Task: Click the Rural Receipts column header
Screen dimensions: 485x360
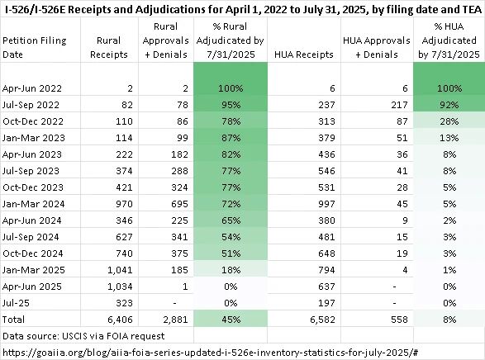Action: coord(108,47)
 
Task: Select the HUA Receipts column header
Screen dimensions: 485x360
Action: coord(304,54)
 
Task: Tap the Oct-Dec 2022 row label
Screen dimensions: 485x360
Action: coord(33,121)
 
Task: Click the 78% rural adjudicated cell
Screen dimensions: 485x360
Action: coord(231,121)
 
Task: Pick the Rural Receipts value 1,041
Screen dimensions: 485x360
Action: coord(120,270)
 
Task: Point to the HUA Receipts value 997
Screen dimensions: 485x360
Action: coord(326,204)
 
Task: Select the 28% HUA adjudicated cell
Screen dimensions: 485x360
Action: coord(449,121)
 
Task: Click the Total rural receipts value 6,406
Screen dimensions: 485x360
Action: coord(120,320)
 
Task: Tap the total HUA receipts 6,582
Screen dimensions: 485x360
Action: coord(322,320)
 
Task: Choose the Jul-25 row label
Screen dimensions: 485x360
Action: coord(16,303)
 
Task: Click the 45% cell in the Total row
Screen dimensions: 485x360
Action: coord(231,320)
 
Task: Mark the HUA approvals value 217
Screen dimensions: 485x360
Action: coord(399,105)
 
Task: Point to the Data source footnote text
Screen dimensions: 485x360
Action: coord(83,336)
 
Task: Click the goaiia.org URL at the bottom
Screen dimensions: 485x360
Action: coord(211,353)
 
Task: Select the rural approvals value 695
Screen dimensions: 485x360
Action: coord(179,204)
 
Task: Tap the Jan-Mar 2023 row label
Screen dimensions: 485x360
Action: coord(33,138)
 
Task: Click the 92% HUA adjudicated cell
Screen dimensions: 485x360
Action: coord(449,105)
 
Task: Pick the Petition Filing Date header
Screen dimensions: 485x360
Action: coord(35,47)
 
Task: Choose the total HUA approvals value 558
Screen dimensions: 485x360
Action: coord(399,320)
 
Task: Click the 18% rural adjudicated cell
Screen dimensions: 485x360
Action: coord(231,270)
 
